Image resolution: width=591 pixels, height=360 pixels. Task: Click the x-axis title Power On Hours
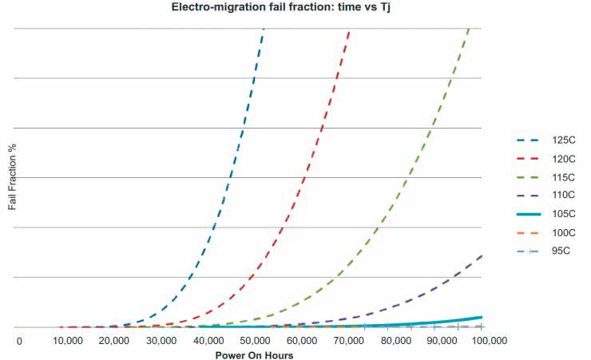point(254,354)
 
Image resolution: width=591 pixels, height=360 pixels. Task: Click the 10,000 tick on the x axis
point(67,341)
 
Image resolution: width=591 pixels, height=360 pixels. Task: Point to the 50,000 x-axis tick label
point(254,341)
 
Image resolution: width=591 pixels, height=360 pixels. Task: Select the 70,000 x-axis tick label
point(348,341)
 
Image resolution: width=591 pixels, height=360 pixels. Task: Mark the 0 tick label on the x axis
point(19,341)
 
